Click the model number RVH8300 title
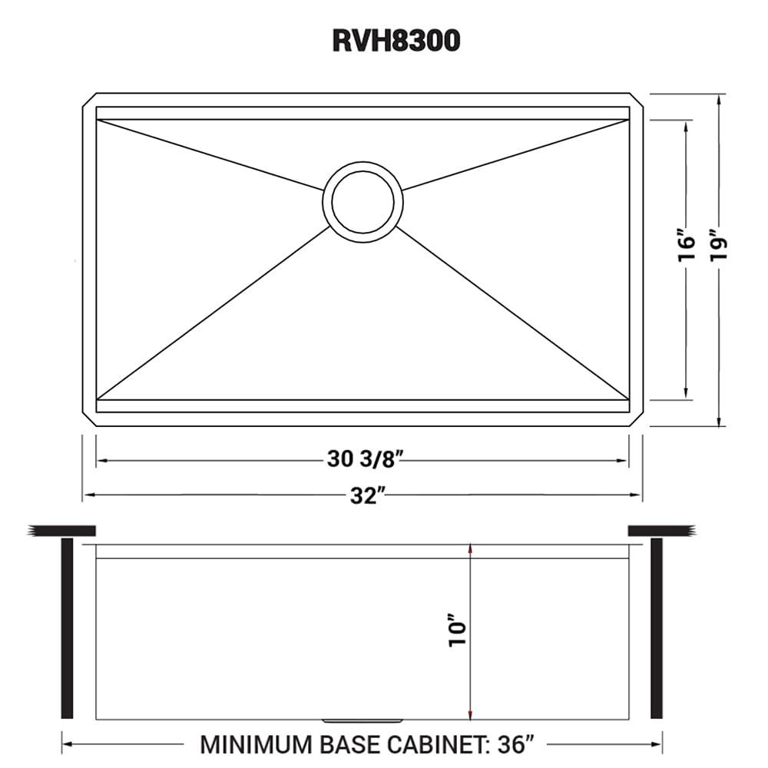tap(396, 41)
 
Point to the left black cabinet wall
tap(66, 628)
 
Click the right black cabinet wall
tap(656, 628)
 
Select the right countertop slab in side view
tap(661, 530)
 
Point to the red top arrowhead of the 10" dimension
tap(470, 549)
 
